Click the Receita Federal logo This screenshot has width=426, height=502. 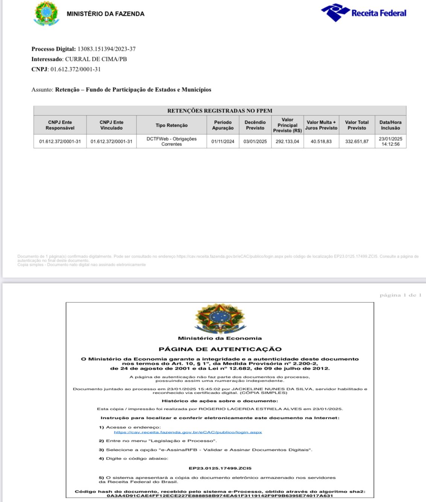pos(364,13)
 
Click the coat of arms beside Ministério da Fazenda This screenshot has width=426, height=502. pos(47,14)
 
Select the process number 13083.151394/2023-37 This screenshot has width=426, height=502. pos(106,49)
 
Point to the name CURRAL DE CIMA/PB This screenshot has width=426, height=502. pos(96,59)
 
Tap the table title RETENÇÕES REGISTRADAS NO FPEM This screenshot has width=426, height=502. pos(220,111)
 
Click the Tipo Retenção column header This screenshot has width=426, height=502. pos(171,125)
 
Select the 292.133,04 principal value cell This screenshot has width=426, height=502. pos(287,141)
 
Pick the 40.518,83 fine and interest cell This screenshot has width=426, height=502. pos(321,141)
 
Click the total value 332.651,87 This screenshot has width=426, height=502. pos(357,141)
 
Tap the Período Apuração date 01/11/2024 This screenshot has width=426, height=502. pos(223,141)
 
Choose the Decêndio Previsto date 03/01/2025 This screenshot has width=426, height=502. pos(255,141)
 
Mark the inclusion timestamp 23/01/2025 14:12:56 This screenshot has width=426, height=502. pos(390,141)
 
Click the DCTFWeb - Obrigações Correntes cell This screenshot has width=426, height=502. pos(171,141)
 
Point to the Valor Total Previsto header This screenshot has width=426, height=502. pos(357,125)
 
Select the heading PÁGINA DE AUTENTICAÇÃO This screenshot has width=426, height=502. pos(220,349)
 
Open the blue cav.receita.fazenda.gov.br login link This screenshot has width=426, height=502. pos(188,432)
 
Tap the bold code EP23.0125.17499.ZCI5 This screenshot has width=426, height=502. pos(220,468)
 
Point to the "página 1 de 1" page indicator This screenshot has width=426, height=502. pos(400,295)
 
